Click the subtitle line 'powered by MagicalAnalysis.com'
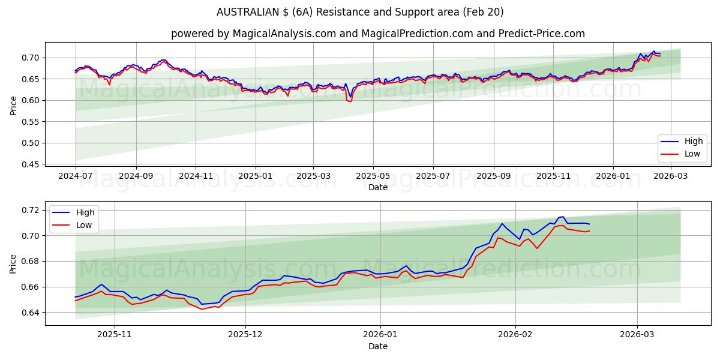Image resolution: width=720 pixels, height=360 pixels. pos(377,34)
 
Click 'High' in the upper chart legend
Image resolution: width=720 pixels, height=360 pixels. pos(693,142)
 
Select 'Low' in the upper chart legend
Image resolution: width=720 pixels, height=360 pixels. pos(692,154)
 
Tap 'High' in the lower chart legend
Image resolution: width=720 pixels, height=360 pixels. pos(86,212)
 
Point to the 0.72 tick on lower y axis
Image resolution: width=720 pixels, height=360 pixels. pos(28,210)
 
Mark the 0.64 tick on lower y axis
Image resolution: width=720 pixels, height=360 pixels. pos(28,313)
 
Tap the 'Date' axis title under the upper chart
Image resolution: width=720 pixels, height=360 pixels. pos(377,187)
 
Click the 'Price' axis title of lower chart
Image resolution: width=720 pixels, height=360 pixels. pos(13,263)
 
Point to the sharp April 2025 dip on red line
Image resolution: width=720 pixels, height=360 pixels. pos(349,101)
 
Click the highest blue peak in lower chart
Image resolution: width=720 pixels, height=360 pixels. pos(563,217)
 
